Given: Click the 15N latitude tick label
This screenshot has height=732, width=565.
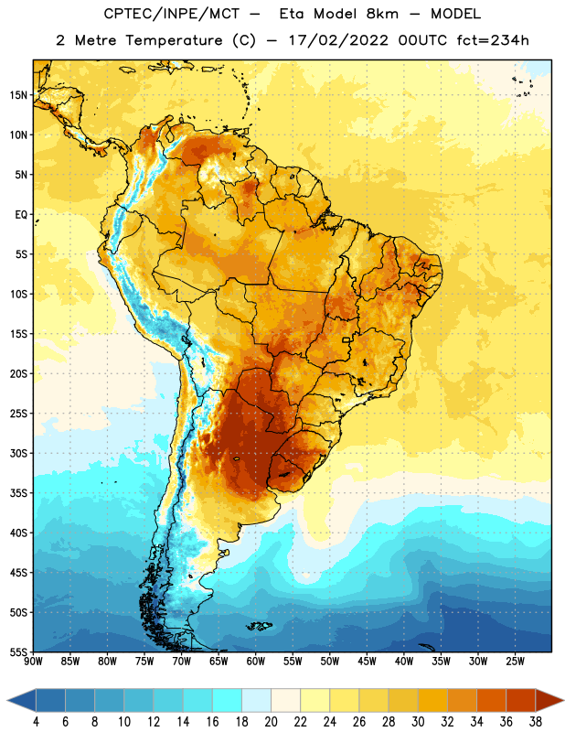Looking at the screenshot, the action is coord(18,95).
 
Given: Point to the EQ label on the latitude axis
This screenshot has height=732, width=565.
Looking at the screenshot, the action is coord(21,215).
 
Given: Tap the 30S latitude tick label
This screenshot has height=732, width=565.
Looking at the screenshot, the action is coord(18,453).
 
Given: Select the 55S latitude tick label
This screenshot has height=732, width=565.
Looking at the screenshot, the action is coord(18,651).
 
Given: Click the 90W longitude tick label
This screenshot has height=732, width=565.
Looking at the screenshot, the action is coord(33,662).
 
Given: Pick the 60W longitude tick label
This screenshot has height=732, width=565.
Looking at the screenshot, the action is coord(256,662).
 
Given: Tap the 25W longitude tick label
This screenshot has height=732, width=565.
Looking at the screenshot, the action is coord(515,662).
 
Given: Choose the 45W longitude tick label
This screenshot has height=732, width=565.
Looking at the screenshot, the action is coord(367,662).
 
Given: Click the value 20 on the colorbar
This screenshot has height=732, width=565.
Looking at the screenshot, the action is coord(271,722).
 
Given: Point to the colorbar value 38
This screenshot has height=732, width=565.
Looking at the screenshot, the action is coord(536,722).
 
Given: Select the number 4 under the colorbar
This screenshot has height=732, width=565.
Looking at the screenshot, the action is coord(36,722).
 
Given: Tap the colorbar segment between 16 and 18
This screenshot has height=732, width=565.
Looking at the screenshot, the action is coord(227,700).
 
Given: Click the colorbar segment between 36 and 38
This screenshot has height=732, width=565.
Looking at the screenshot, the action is coord(521,700).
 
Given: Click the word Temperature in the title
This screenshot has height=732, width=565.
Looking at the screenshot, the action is coord(175,40).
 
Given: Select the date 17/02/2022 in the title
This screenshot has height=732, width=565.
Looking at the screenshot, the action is coord(338,40).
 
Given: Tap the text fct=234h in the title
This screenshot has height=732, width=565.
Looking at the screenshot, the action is coord(493,40).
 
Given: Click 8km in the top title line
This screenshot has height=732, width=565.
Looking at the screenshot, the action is coord(382,14).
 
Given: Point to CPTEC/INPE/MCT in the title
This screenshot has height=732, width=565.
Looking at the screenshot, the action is coord(172,15).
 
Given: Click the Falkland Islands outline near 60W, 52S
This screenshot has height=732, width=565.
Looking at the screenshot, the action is coord(259,626).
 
